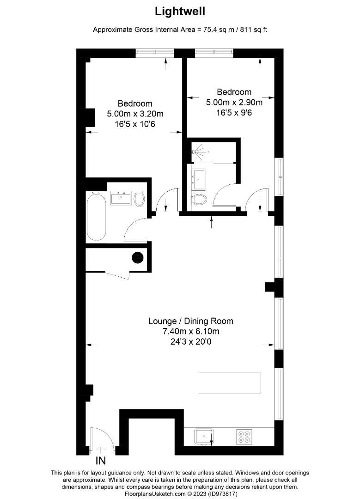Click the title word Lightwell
(180, 11)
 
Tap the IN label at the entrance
(101, 461)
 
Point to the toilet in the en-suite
(200, 200)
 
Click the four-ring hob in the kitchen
(244, 436)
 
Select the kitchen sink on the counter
(204, 436)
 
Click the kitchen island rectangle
(229, 382)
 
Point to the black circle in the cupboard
(138, 258)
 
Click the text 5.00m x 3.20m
(134, 114)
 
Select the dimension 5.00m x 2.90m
(234, 102)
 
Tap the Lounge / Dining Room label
(190, 321)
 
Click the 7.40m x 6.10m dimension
(190, 332)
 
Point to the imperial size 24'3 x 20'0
(190, 342)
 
